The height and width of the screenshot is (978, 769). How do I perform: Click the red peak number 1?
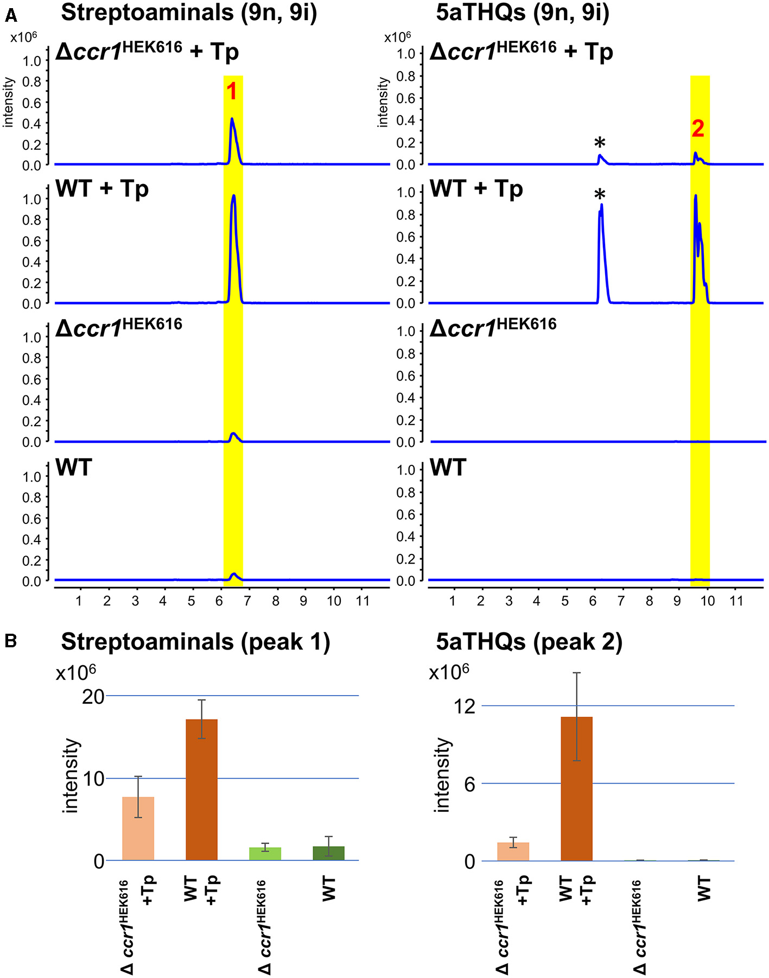point(232,91)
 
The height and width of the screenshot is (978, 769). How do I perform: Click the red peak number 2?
point(698,128)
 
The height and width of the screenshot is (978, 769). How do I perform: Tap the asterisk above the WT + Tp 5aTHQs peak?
point(600,194)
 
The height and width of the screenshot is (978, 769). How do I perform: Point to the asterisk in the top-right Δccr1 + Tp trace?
point(600,143)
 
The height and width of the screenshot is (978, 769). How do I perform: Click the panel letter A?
point(10,16)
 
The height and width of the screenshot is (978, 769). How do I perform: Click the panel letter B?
point(10,641)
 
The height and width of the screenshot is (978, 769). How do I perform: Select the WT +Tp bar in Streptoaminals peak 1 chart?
point(201,790)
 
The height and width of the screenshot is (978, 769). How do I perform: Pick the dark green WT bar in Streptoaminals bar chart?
point(328,853)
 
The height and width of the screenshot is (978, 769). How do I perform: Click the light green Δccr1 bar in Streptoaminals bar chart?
point(265,854)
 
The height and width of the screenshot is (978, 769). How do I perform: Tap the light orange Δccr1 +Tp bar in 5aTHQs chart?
point(513,851)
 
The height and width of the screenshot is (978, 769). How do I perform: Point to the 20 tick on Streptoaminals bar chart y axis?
point(93,696)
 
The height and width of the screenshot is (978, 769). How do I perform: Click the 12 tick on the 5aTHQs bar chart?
point(465,706)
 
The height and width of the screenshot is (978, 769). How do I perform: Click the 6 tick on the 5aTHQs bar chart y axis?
point(469,784)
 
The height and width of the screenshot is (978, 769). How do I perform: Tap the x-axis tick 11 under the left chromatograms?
point(362,601)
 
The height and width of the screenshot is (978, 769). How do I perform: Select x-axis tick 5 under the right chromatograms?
point(565,601)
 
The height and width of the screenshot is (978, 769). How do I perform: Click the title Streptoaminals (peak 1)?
point(195,642)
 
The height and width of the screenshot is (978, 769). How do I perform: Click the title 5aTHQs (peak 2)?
point(529,642)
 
